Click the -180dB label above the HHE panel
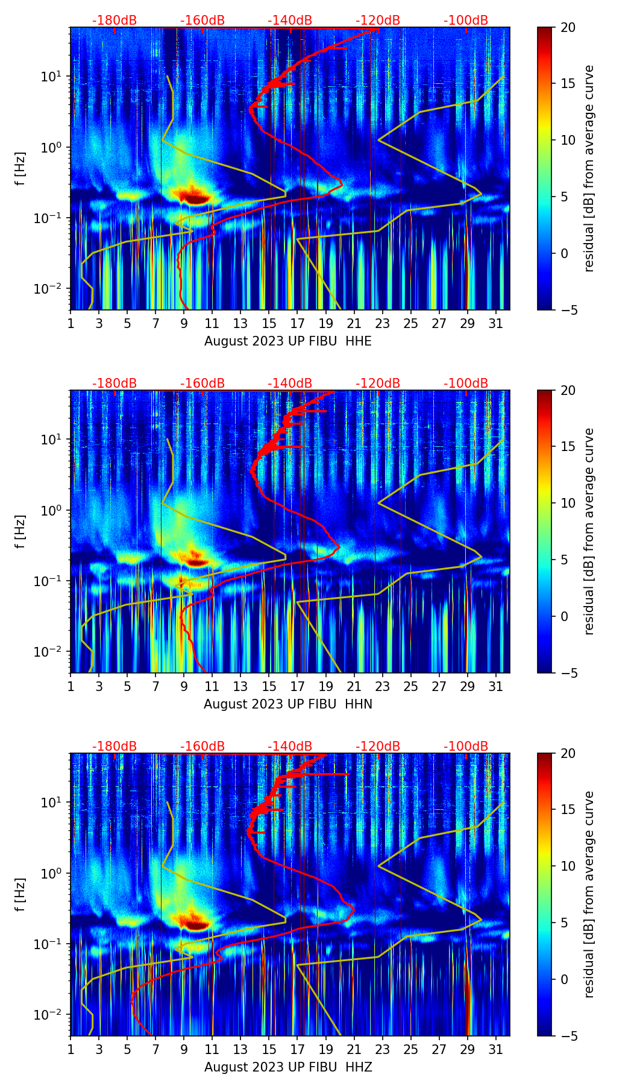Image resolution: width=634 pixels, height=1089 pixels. pos(115,21)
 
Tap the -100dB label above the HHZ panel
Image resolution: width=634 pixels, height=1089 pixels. pos(466,747)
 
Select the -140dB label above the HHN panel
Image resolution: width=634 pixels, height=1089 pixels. pos(290,384)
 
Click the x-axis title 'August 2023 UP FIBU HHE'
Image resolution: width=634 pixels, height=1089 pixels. pos(288,341)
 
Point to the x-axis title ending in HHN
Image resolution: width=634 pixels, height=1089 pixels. pos(288,704)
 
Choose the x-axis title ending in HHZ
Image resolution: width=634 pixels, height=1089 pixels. pos(288,1067)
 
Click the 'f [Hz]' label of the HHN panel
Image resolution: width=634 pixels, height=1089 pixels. pos(21,531)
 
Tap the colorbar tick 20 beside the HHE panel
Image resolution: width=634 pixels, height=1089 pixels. pos(568,28)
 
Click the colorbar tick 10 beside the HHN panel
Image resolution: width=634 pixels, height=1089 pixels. pos(568,503)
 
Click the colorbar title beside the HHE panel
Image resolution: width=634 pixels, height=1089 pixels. pos(589,168)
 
